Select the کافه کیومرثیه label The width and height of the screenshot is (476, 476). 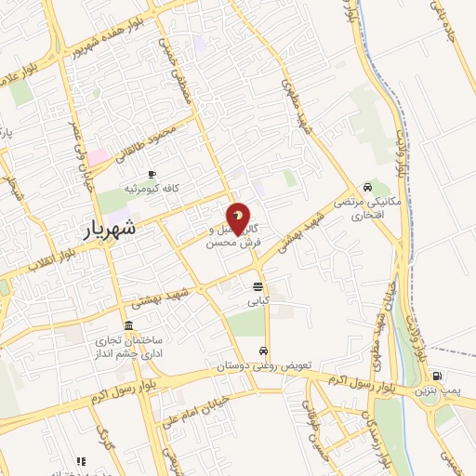(152, 189)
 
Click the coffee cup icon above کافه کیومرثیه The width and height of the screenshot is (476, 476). (152, 174)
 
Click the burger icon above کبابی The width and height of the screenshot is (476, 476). (257, 286)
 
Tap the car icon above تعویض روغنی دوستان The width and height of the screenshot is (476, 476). (265, 350)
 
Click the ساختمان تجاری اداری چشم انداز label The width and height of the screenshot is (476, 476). (126, 347)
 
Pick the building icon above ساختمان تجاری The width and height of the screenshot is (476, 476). (126, 326)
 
